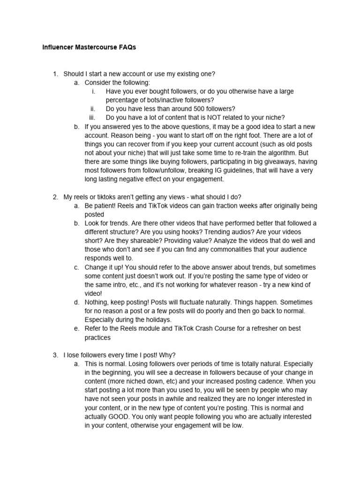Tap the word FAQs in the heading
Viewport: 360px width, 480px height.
(127, 48)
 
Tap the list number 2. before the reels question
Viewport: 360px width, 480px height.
(55, 197)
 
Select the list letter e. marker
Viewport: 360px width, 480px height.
(76, 329)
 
